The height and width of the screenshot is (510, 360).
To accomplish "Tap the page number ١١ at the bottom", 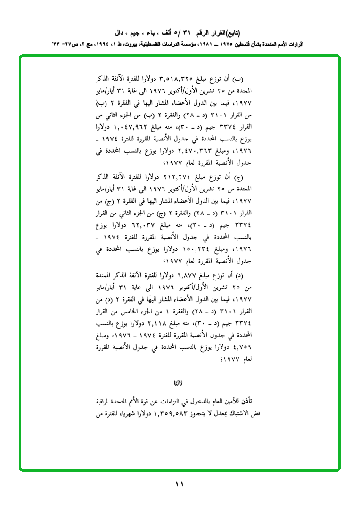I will [180, 484].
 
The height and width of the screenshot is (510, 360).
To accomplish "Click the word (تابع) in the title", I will [231, 34].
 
